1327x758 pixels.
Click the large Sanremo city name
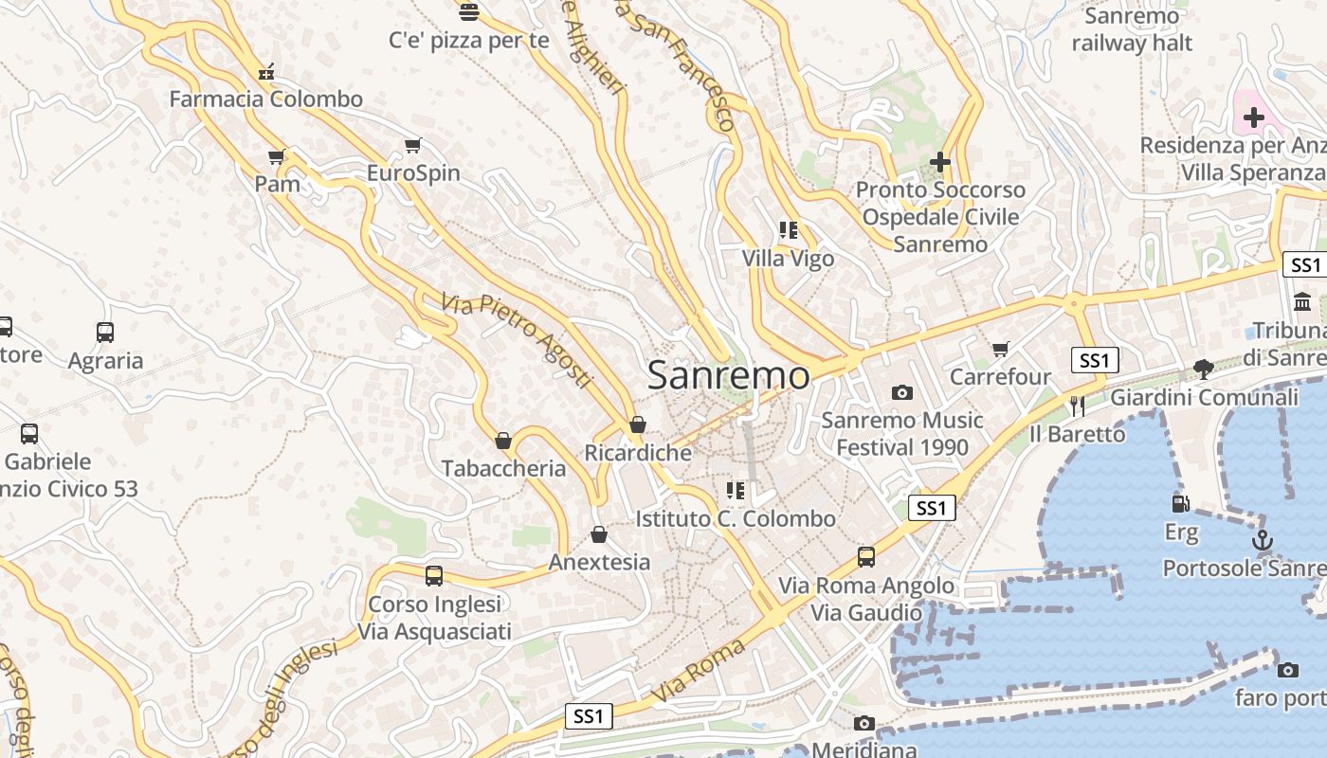tap(729, 375)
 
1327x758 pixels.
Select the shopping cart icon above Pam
tap(277, 156)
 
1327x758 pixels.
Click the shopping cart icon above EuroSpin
tap(412, 145)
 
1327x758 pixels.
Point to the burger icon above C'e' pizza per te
tap(468, 12)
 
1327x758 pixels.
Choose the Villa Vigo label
tap(789, 259)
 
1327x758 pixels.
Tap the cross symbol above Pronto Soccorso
tap(940, 162)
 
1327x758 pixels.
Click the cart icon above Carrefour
tap(1001, 350)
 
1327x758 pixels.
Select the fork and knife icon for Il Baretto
tap(1077, 406)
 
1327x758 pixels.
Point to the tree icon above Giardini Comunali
tap(1204, 370)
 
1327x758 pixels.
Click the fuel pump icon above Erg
tap(1181, 504)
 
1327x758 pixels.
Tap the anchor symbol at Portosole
tap(1262, 541)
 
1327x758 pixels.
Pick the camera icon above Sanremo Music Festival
tap(902, 392)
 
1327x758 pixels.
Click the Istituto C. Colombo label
tap(736, 518)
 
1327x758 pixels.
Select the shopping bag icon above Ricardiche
tap(638, 424)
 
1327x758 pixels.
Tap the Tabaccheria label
tap(503, 468)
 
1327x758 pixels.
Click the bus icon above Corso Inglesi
tap(434, 575)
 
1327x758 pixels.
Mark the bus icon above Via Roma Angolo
tap(866, 557)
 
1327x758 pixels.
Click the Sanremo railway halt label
tap(1132, 29)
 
